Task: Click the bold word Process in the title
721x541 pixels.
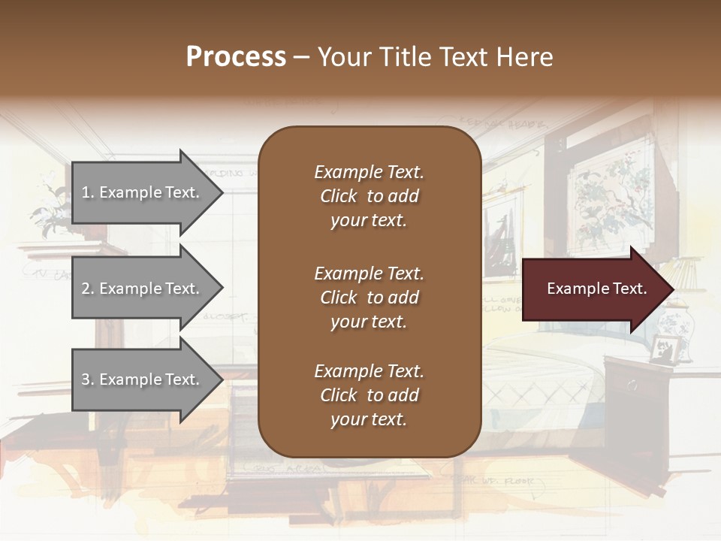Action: [x=236, y=57]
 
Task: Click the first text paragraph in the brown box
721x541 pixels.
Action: [x=369, y=196]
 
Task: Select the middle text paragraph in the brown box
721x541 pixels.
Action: [x=369, y=298]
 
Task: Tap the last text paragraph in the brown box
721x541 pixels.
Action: [x=369, y=395]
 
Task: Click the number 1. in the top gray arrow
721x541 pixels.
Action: [x=88, y=192]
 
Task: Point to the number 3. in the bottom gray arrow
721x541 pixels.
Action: [x=88, y=379]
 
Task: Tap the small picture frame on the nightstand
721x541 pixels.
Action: [x=663, y=349]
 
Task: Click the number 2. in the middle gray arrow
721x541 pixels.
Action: [x=88, y=289]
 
